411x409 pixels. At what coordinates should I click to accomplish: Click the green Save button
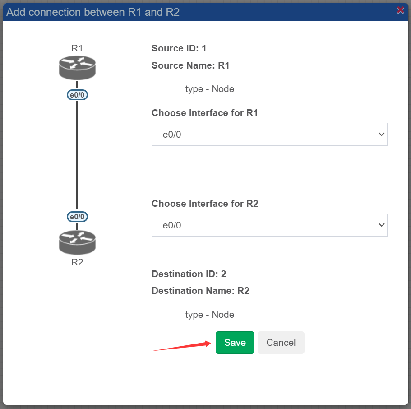[235, 342]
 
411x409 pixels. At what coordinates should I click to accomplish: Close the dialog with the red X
[400, 10]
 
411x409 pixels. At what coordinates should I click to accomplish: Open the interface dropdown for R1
[269, 135]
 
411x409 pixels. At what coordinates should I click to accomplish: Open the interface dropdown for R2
[269, 225]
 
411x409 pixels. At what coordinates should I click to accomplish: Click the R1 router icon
[77, 68]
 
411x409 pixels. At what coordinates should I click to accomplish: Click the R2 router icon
[77, 242]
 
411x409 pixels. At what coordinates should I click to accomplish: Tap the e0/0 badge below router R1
[77, 95]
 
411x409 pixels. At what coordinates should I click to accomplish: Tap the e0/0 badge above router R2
[77, 217]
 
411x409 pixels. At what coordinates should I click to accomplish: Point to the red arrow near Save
[181, 346]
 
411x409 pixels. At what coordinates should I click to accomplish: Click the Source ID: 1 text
[179, 48]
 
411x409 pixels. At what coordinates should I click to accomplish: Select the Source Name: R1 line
[190, 65]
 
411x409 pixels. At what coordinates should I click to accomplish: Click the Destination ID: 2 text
[189, 274]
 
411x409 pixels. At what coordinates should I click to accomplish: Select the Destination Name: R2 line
[200, 291]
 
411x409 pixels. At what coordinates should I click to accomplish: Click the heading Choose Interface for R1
[205, 113]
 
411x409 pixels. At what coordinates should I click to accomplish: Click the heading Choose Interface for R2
[205, 204]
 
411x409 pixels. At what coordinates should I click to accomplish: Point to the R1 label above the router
[77, 48]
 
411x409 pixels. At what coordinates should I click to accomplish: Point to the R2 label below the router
[77, 262]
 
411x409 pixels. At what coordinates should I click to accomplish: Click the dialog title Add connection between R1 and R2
[93, 12]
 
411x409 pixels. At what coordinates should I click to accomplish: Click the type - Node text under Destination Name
[210, 315]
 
